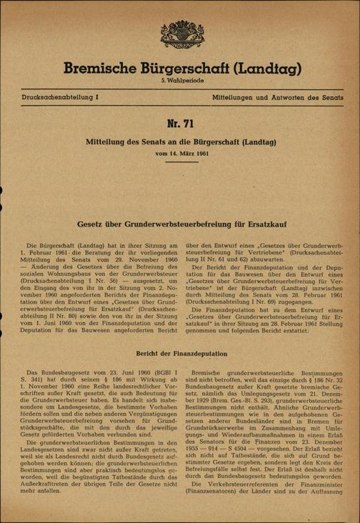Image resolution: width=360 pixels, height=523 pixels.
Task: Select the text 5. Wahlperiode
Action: pyautogui.click(x=179, y=83)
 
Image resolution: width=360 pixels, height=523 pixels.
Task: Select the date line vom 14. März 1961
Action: pyautogui.click(x=179, y=154)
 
